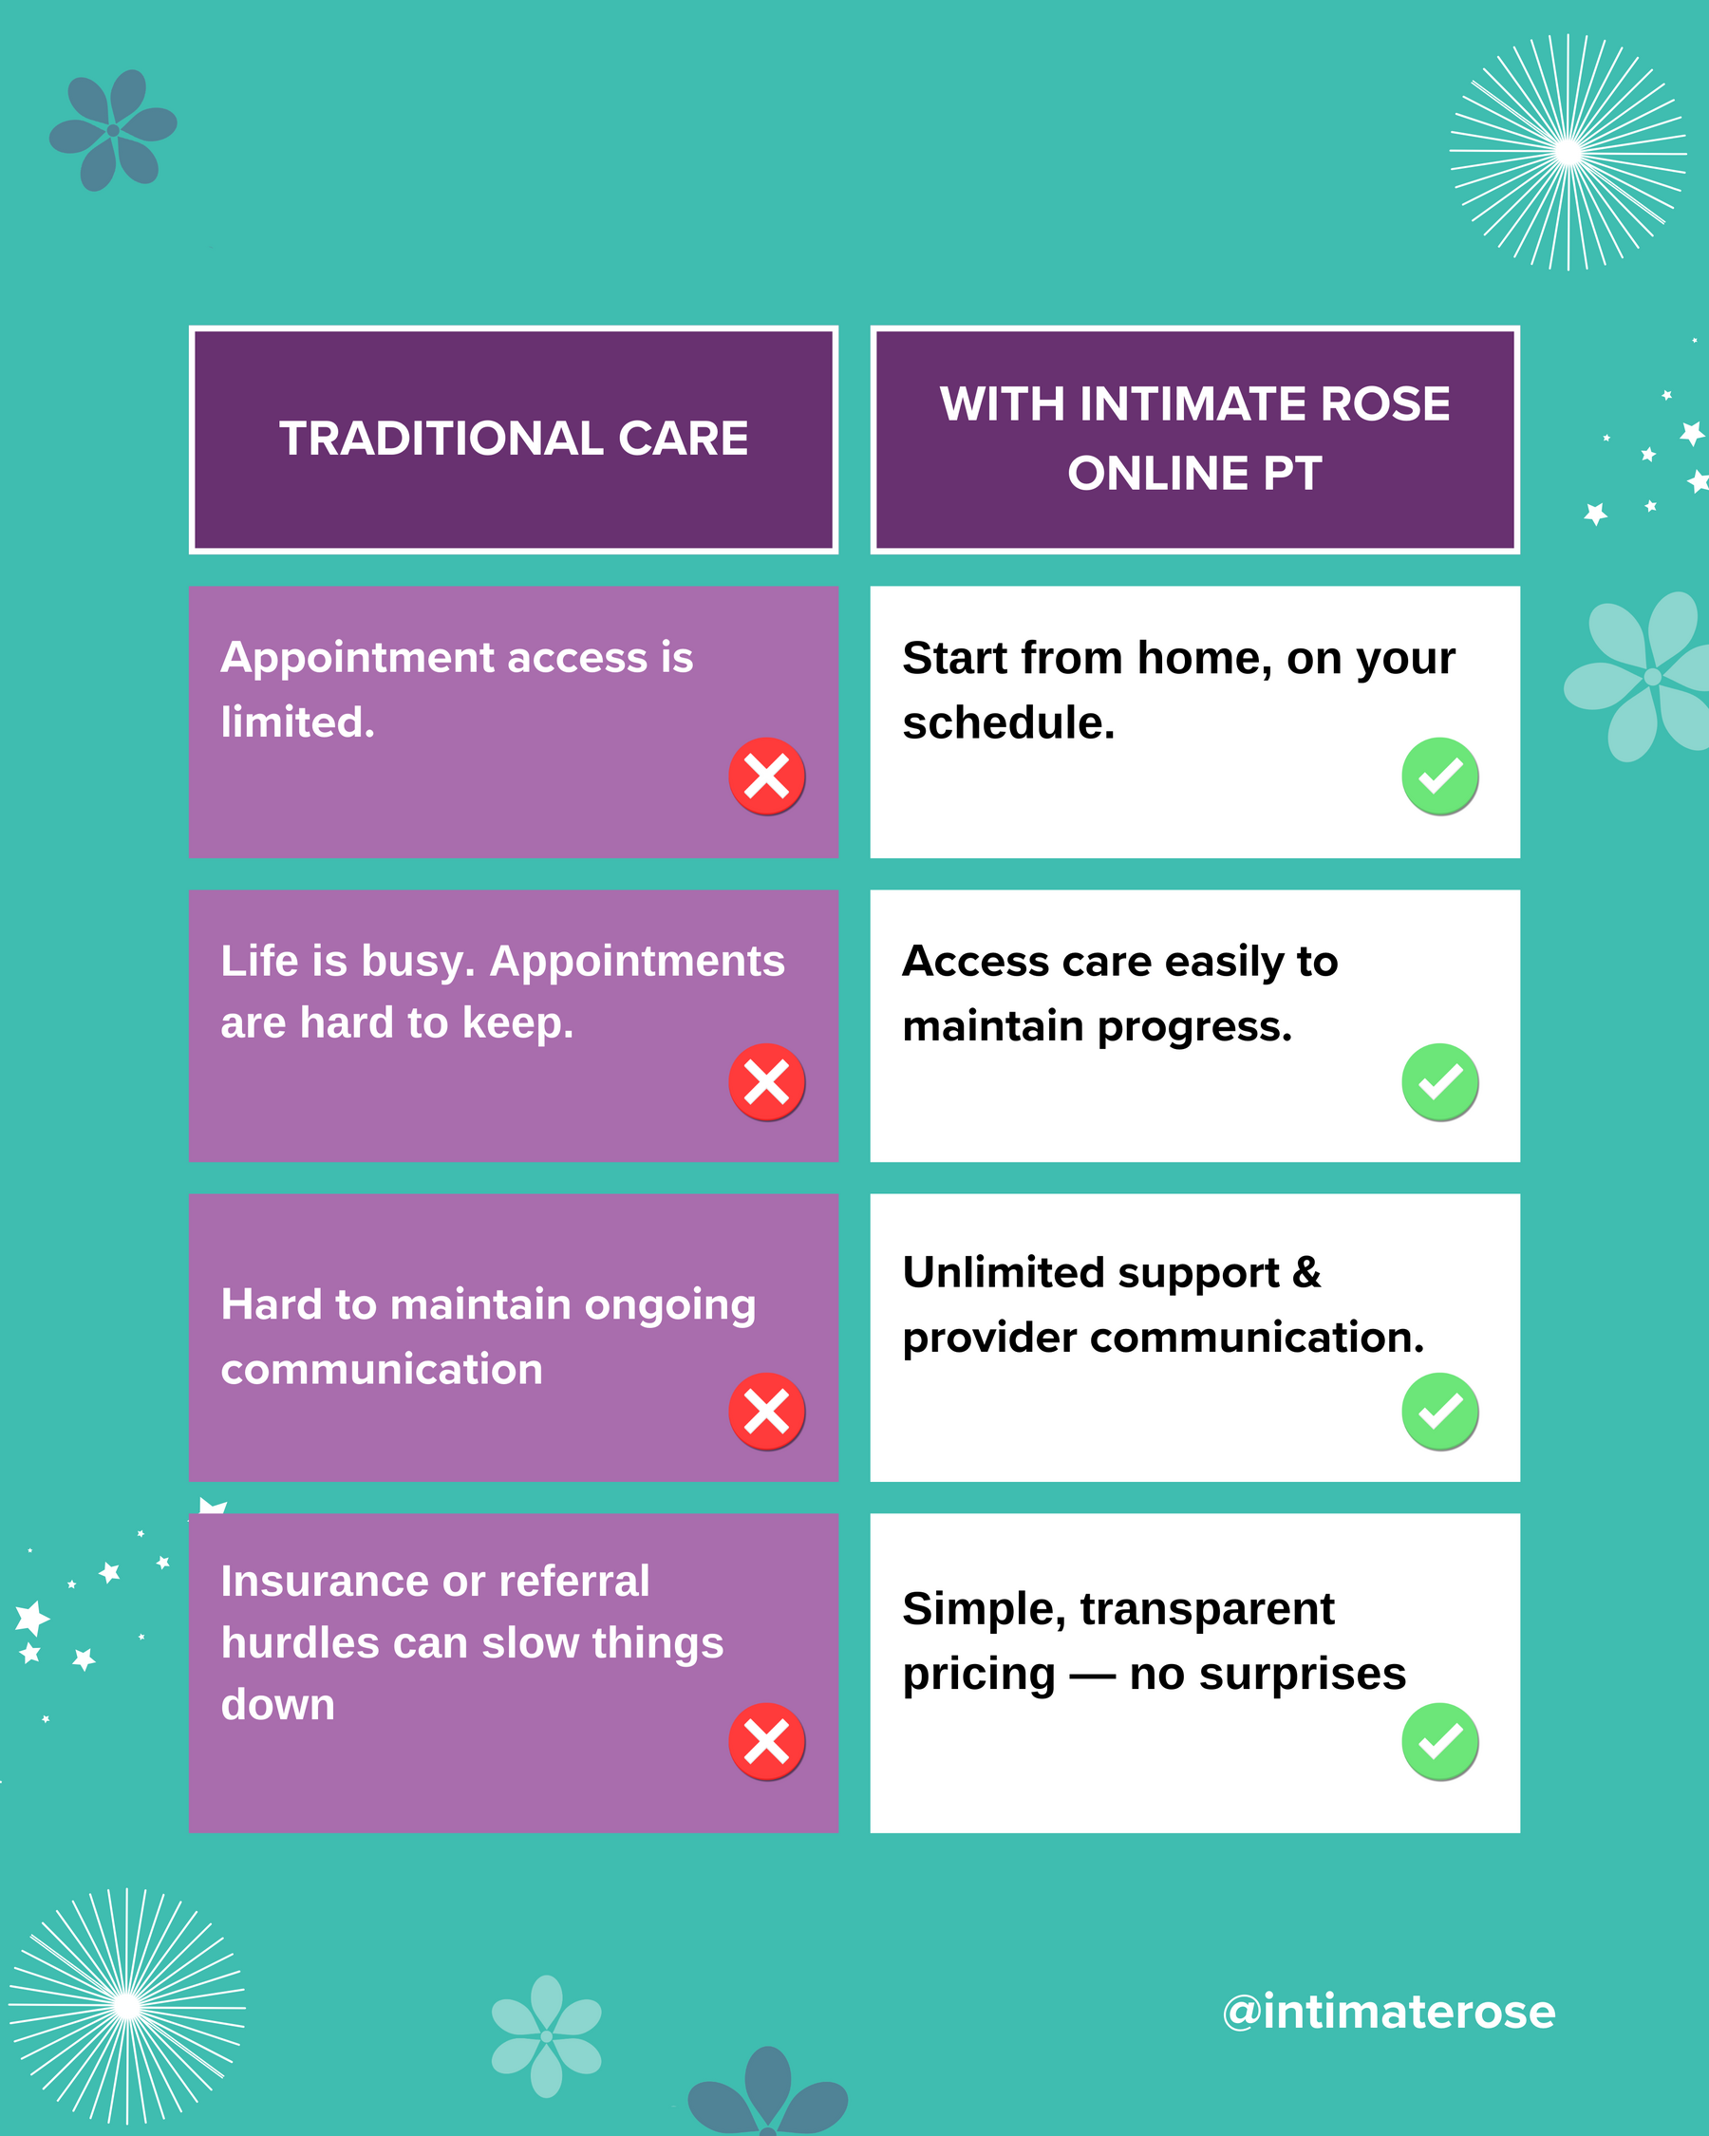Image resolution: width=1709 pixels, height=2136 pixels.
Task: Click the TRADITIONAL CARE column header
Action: [514, 439]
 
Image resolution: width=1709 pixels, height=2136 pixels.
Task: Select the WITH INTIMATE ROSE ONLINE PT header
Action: [1194, 439]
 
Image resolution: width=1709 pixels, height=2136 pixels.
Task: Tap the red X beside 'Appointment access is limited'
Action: [767, 776]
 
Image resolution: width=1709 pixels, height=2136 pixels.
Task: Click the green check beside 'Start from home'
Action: [1439, 776]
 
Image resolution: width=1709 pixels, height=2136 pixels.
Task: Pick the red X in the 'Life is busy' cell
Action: [767, 1082]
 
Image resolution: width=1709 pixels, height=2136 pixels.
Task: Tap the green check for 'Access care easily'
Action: [1439, 1082]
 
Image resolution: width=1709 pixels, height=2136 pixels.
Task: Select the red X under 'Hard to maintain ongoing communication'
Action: [767, 1412]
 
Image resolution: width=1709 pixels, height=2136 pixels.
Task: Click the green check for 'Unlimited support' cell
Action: [1439, 1412]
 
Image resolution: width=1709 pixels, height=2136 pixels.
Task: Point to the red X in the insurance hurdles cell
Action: [767, 1742]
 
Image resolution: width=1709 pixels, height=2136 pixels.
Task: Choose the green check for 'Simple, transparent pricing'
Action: [1439, 1742]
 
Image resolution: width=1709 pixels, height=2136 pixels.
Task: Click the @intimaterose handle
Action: [1389, 2012]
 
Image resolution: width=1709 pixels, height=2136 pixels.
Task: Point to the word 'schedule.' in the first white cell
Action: [1008, 723]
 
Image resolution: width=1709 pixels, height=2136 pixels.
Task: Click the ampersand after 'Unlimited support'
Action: [1306, 1272]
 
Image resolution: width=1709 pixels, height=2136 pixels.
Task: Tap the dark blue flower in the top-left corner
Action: [113, 130]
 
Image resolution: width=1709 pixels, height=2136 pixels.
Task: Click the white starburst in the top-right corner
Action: [1568, 152]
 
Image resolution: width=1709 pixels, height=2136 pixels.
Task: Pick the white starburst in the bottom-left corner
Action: [127, 2006]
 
